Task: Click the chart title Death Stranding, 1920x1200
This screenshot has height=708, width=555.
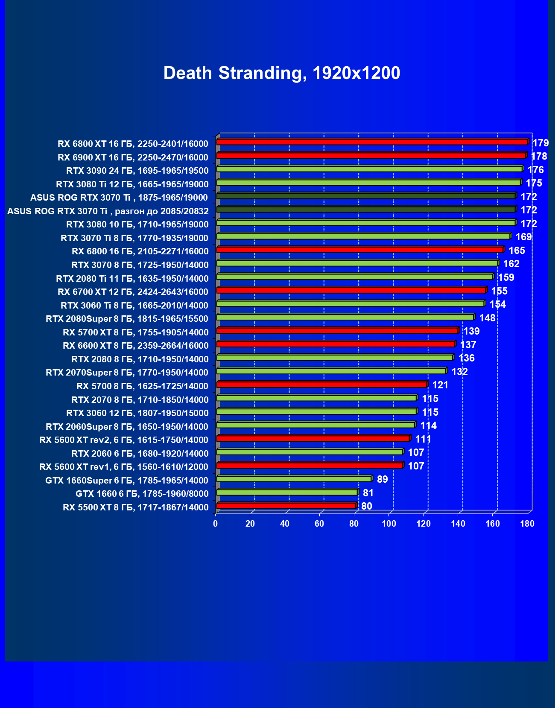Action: (282, 73)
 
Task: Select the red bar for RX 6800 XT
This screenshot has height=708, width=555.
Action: (371, 142)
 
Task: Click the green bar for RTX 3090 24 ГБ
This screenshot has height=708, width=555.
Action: (369, 169)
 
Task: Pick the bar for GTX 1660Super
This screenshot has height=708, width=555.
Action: (294, 479)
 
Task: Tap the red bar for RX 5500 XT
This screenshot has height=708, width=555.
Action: (286, 506)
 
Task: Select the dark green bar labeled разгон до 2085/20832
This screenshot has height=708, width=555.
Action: (366, 210)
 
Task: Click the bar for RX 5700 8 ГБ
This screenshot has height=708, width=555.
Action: (321, 385)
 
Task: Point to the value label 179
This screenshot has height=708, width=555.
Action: (540, 143)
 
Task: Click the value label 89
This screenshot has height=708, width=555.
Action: (383, 479)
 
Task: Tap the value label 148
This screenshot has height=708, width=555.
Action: (487, 318)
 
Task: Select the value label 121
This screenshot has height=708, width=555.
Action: (440, 385)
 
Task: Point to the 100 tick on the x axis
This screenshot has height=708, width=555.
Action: (388, 524)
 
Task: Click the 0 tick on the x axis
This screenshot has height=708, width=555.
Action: (216, 524)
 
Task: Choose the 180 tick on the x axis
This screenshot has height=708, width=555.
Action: (527, 524)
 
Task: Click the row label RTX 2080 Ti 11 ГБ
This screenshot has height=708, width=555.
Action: (132, 279)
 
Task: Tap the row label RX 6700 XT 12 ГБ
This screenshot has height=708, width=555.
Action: (133, 292)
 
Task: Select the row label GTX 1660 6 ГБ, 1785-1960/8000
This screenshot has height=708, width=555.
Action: (142, 494)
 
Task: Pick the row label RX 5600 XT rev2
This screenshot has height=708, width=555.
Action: (124, 440)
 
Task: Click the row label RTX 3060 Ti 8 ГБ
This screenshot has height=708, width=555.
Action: (134, 306)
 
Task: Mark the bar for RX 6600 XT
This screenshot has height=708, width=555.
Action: (336, 344)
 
